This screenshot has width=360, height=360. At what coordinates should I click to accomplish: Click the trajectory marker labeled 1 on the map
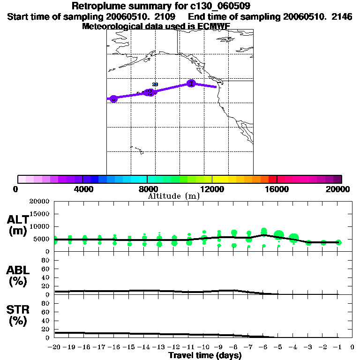[x=191, y=83]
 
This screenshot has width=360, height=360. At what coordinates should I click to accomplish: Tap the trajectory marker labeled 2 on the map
[x=149, y=92]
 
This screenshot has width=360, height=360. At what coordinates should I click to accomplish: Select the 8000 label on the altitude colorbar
[x=147, y=189]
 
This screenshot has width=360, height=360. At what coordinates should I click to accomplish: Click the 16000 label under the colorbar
[x=277, y=189]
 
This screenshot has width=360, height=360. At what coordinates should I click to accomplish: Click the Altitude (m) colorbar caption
[x=174, y=196]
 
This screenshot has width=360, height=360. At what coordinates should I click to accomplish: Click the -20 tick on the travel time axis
[x=54, y=347]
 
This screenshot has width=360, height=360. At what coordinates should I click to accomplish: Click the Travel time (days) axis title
[x=205, y=355]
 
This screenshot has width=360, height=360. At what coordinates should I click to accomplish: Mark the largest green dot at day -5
[x=279, y=235]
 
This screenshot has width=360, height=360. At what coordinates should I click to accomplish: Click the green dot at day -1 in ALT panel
[x=338, y=242]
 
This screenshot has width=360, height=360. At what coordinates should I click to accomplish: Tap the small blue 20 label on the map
[x=155, y=84]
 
